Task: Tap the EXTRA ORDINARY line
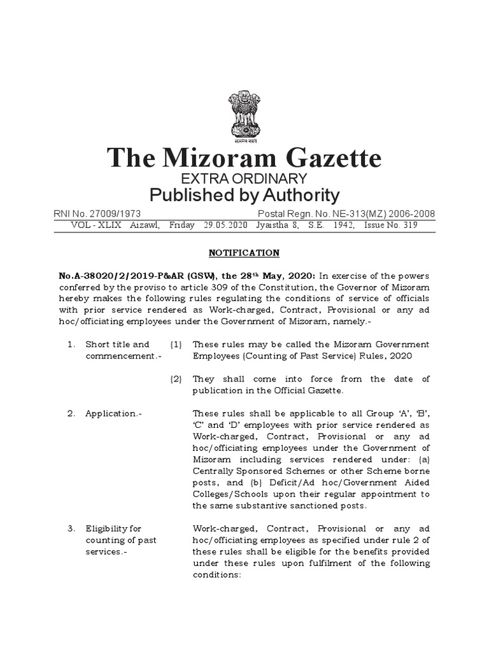[x=244, y=178]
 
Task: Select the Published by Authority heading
[x=244, y=195]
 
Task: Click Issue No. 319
[x=409, y=225]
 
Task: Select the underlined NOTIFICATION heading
[x=244, y=253]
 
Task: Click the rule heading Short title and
[x=118, y=344]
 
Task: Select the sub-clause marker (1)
[x=176, y=344]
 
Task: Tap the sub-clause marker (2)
[x=176, y=379]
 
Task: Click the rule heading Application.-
[x=114, y=413]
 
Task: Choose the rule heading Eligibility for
[x=113, y=528]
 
